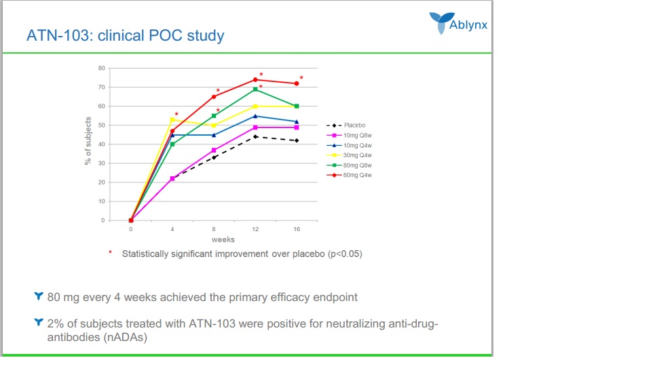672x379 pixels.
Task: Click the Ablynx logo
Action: coord(458,22)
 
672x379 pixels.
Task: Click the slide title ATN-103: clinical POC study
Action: coord(125,35)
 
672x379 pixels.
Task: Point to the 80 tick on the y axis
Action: coord(102,68)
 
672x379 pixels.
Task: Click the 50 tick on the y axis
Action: coord(102,125)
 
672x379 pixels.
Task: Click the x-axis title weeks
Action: coord(223,239)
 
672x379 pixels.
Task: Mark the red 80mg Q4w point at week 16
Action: coord(297,83)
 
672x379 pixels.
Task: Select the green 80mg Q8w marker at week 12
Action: coord(255,89)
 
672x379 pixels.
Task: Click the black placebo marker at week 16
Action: coord(297,140)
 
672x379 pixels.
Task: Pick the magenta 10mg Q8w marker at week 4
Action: coord(172,178)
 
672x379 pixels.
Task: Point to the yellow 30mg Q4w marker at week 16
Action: coord(297,106)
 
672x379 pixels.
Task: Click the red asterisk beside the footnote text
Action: coord(110,253)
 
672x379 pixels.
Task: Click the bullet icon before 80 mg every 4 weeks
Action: coord(38,296)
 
